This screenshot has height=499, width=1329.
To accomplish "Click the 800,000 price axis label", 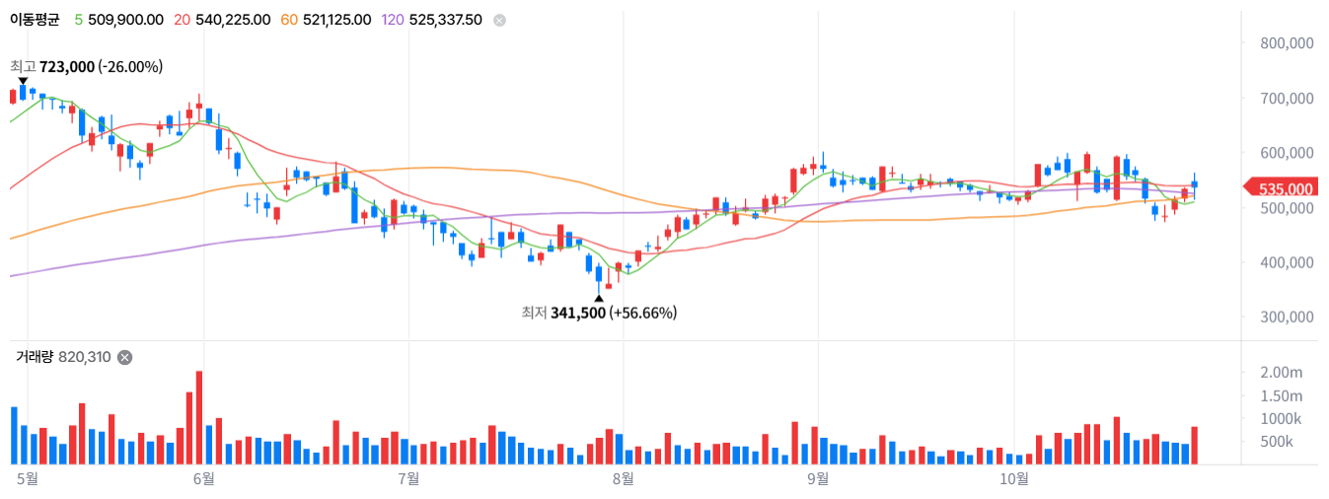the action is pos(1287,42).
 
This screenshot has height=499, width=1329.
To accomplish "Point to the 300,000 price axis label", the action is pos(1287,317).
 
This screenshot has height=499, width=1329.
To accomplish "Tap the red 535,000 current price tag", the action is pos(1282,188).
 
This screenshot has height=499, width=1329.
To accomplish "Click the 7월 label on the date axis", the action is pos(408,478).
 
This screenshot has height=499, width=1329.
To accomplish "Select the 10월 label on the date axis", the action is pos(1014,478).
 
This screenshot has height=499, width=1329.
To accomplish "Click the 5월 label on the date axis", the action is pos(28,478).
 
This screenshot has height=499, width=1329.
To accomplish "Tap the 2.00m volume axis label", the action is pos(1281,372).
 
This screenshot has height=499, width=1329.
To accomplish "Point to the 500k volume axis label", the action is pos(1276,442).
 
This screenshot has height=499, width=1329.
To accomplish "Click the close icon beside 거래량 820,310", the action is pos(124,357).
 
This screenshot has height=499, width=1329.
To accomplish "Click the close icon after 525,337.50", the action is pos(500,20).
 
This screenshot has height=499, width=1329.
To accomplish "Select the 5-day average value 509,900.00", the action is pos(125,20).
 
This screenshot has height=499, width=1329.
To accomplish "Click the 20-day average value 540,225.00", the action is pos(233,20).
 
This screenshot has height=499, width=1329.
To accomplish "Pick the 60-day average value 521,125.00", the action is pos(337,20).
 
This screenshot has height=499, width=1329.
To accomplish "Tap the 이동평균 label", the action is pos(35,20).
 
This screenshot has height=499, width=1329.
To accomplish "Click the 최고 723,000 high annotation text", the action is pos(87,66).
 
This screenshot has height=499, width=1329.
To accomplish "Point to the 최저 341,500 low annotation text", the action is pos(599,313).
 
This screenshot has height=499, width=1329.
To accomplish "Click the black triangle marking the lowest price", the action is pos(599,298).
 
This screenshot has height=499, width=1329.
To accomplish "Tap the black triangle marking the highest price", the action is pos(23,81).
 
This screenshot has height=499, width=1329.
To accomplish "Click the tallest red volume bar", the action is pos(199,417).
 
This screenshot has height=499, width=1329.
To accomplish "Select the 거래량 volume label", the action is pos(35,357).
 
